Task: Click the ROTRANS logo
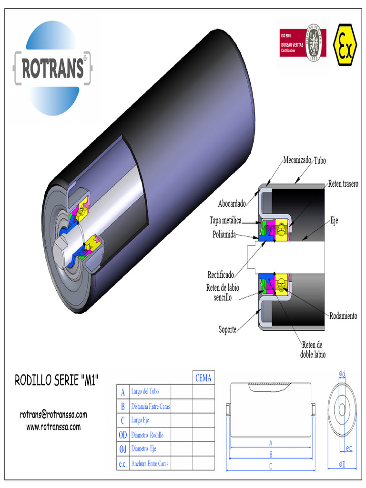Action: point(52,67)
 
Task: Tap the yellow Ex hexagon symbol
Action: point(345,44)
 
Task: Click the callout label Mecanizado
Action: point(297,160)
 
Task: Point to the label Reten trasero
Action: point(343,183)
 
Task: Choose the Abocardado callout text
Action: point(232,204)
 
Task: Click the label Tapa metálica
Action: point(225,220)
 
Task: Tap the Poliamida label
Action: point(224,234)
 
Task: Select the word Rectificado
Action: point(221,275)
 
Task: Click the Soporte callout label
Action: point(227,329)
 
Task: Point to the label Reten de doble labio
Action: point(313,349)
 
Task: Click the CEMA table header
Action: point(203,378)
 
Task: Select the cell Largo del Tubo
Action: point(145,391)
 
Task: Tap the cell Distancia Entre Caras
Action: point(150,407)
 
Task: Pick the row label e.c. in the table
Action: point(122,464)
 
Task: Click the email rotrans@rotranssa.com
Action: point(53,415)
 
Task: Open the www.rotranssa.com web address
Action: point(53,427)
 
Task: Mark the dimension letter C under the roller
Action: point(271,466)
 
